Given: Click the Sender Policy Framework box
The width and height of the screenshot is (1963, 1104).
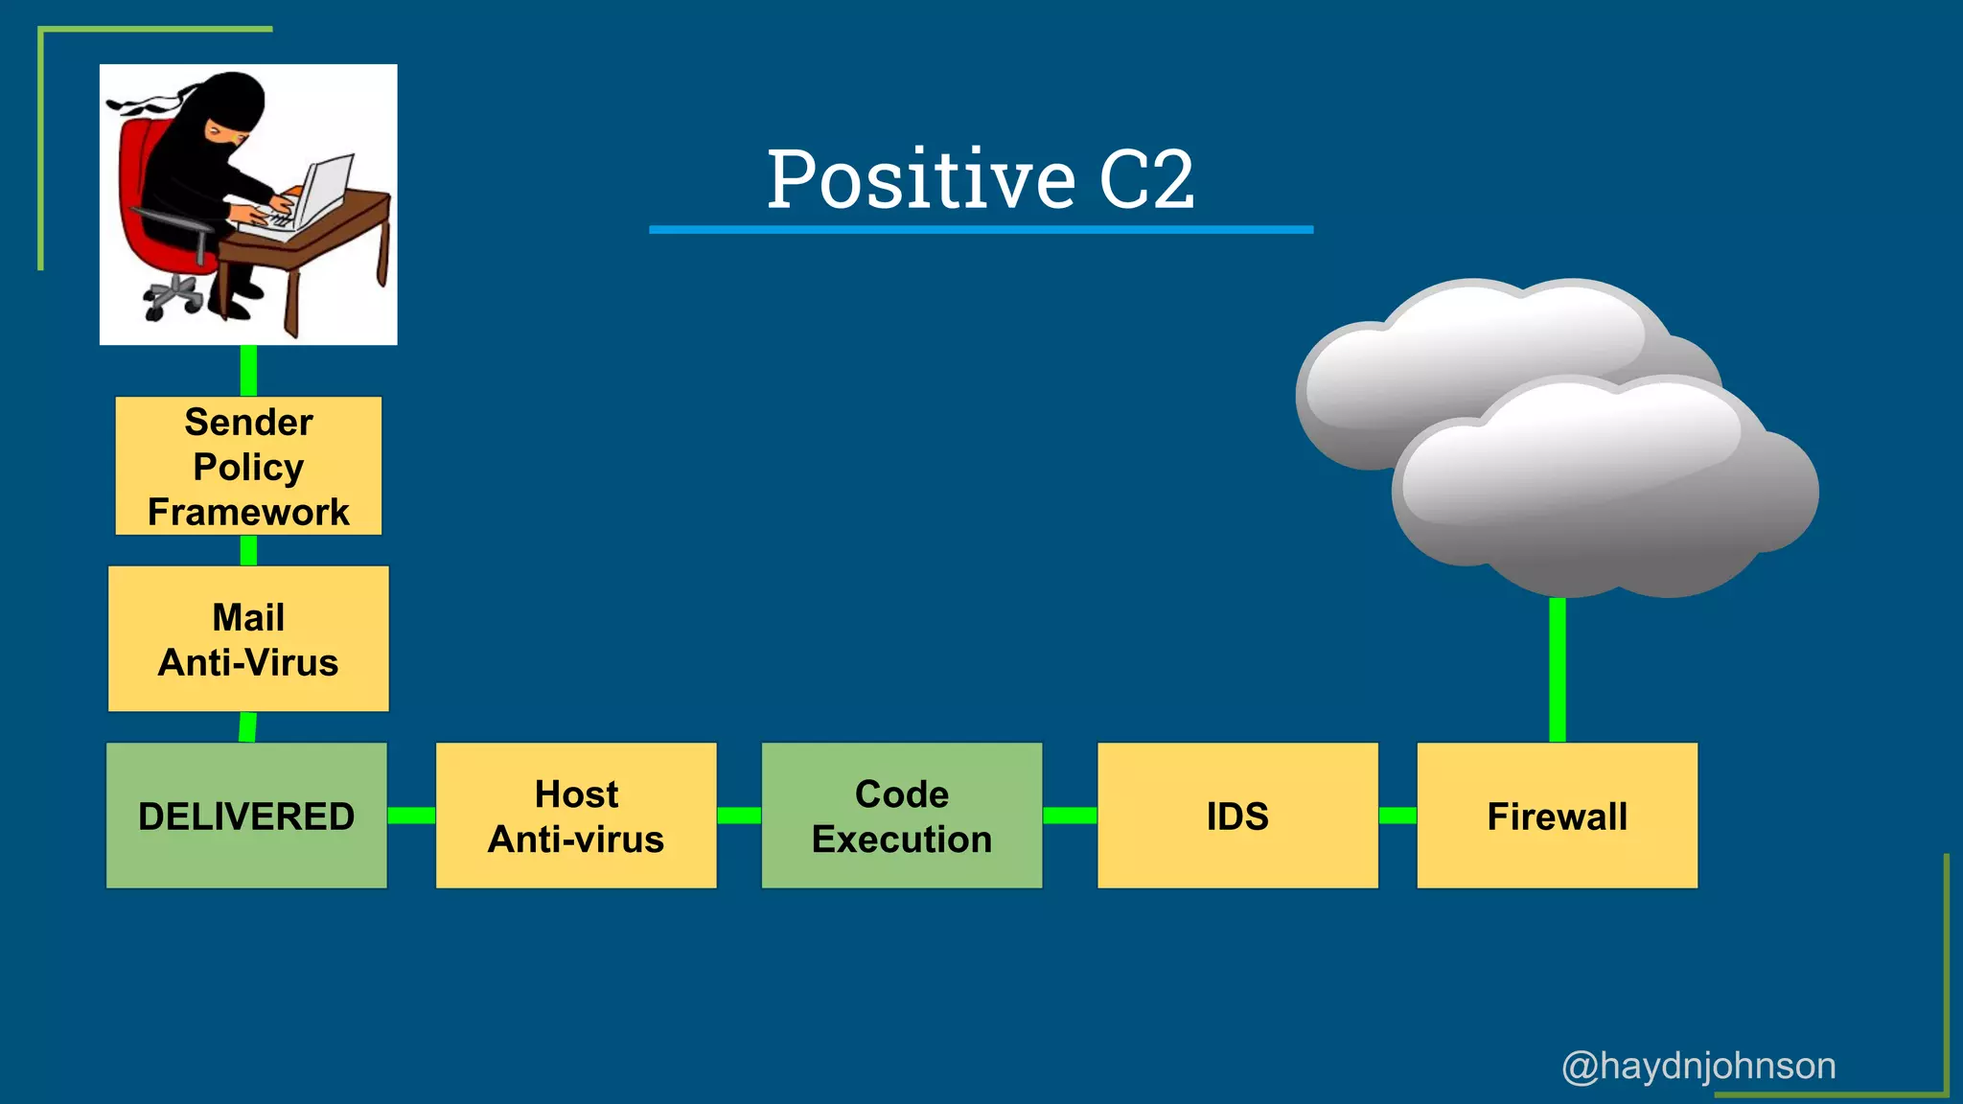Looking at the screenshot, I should [x=248, y=466].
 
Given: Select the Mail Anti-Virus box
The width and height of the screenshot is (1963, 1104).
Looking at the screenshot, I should [x=248, y=638].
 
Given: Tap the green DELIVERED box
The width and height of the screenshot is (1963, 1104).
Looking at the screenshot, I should [x=246, y=816].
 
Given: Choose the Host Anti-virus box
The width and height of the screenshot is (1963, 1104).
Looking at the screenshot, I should [x=576, y=816].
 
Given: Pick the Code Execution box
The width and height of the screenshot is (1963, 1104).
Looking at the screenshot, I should [x=902, y=816].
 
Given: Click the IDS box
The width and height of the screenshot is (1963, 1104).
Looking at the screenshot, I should [x=1237, y=816].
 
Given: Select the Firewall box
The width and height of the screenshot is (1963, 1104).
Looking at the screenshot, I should [x=1557, y=816].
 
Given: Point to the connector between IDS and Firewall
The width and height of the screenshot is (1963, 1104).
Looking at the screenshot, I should [x=1397, y=816].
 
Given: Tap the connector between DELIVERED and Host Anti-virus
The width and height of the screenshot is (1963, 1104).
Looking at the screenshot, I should [x=411, y=816].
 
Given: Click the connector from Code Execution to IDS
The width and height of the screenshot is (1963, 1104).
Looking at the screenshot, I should [x=1070, y=816].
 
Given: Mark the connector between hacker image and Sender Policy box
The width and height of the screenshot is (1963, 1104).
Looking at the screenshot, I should [x=248, y=371].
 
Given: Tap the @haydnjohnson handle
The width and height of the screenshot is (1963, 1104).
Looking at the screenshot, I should [x=1698, y=1066].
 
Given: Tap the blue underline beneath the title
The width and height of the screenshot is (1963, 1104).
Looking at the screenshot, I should [x=981, y=230].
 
